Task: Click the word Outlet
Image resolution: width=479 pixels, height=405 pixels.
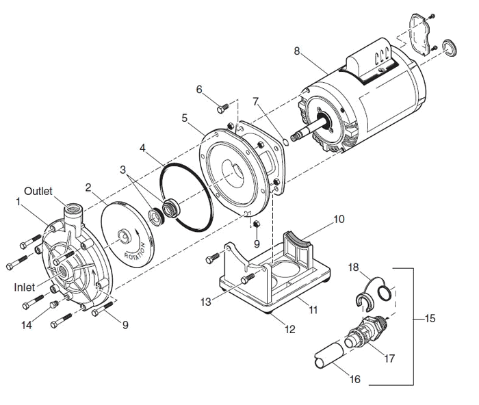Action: tap(38, 190)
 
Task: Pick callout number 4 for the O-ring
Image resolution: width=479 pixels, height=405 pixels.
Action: tap(143, 148)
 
